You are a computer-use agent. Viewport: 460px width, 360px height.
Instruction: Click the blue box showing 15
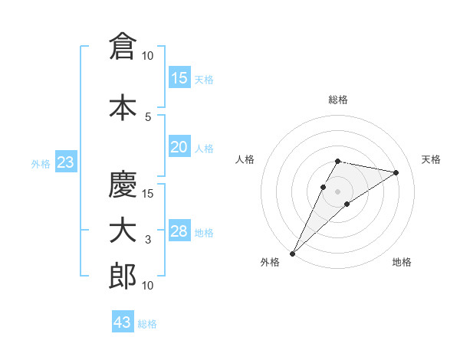[179, 78]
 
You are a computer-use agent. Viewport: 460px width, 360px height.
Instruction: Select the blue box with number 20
[179, 147]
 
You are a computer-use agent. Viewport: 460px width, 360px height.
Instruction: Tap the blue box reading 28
[179, 231]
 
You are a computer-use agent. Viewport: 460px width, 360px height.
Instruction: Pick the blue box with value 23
[65, 162]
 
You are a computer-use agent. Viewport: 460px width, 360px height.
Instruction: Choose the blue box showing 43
[123, 322]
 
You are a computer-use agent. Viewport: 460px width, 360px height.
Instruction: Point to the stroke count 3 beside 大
[148, 240]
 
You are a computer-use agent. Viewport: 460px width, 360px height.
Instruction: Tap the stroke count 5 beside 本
[148, 116]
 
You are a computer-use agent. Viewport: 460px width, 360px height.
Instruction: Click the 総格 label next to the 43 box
[147, 324]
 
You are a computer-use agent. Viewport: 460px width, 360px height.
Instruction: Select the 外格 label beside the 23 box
[41, 163]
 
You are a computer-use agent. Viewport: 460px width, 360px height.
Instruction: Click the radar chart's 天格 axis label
[431, 159]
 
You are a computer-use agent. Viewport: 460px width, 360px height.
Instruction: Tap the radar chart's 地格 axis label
[402, 262]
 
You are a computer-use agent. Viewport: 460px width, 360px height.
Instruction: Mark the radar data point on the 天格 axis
[396, 173]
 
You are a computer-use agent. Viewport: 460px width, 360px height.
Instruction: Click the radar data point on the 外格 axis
[292, 253]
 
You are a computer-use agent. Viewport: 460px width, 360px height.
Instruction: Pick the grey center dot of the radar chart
[337, 191]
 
